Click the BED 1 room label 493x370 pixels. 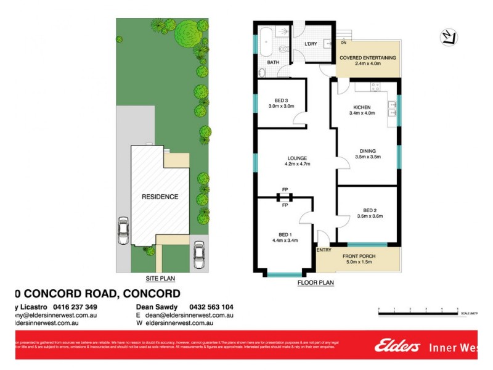(x=284, y=235)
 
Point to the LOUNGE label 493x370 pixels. (x=296, y=158)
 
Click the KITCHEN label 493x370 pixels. (x=362, y=107)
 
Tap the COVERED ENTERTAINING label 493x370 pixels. (x=368, y=58)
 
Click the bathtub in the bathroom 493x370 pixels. (x=267, y=41)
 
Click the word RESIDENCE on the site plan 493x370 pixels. (x=160, y=197)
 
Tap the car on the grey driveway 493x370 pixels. (x=123, y=232)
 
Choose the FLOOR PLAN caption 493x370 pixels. (x=316, y=283)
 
